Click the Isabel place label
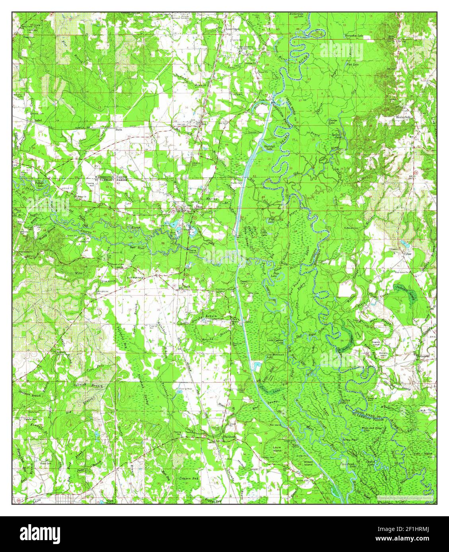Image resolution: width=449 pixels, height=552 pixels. coord(38,119)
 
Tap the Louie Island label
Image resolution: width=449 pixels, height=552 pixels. coord(277,449)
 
